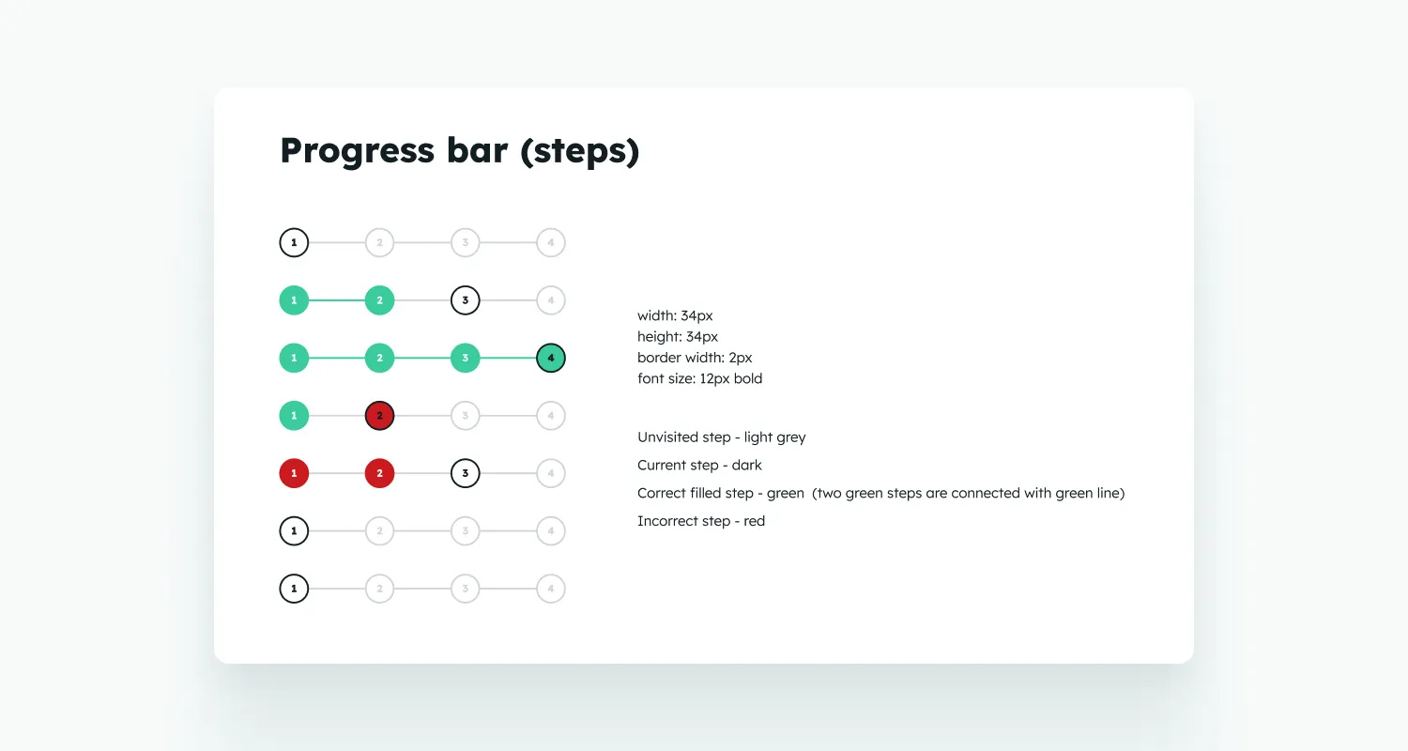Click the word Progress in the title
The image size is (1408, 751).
[357, 151]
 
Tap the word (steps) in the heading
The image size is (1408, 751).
[579, 151]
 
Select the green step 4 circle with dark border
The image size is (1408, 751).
[551, 359]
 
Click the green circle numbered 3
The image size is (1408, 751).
[466, 359]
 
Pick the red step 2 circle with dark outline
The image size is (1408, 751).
[379, 416]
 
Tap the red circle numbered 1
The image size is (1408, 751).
[294, 473]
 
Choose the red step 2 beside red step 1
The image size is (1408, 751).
[379, 473]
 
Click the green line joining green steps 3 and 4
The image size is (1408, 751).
[508, 359]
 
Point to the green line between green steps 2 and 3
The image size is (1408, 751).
[422, 359]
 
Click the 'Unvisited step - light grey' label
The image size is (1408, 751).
[722, 437]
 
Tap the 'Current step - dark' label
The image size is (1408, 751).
[699, 465]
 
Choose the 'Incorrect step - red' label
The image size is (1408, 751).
[701, 521]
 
